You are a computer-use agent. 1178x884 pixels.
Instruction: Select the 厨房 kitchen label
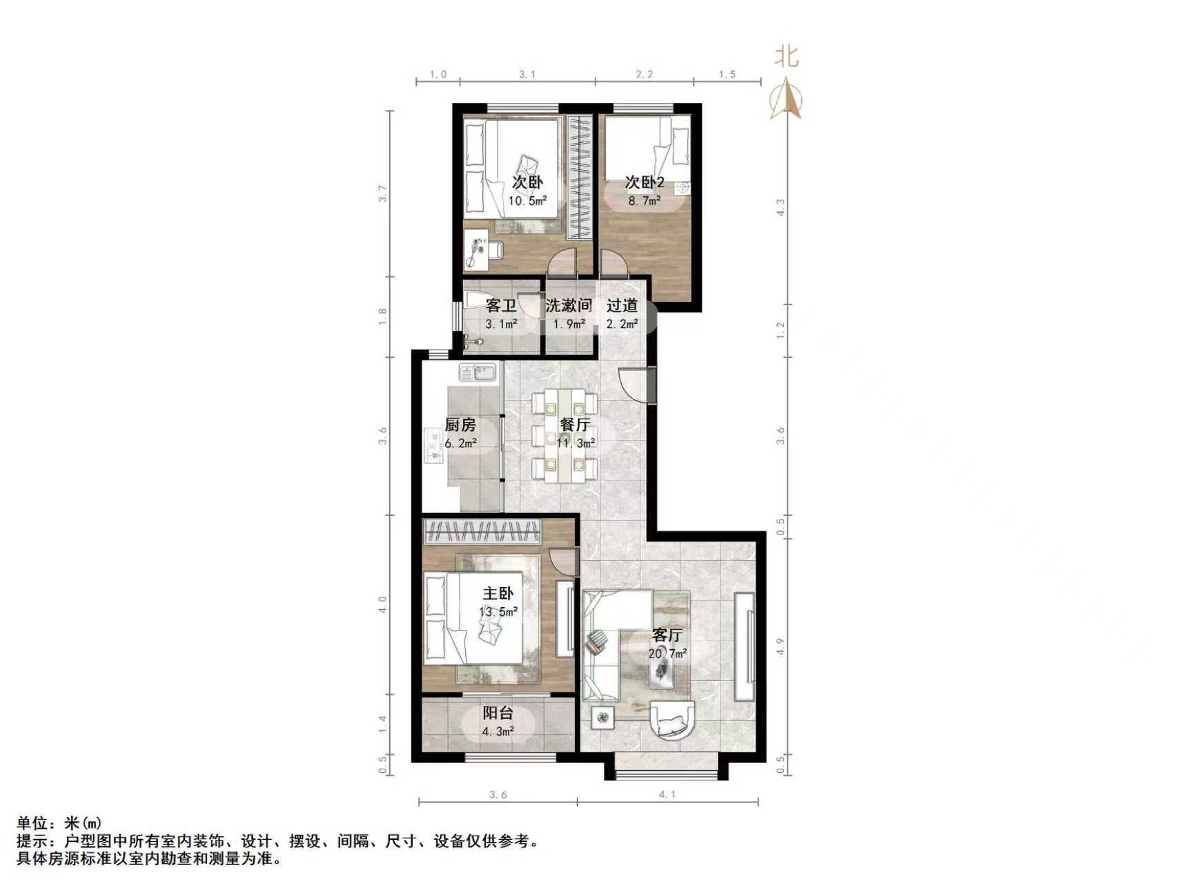click(x=460, y=425)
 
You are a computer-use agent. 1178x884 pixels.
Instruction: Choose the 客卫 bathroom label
click(x=501, y=305)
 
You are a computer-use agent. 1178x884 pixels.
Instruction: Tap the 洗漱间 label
click(x=569, y=305)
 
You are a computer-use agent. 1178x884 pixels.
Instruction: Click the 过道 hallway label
click(x=622, y=305)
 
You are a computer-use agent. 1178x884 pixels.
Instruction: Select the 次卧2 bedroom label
click(x=645, y=182)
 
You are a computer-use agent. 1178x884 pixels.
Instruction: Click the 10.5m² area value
click(x=528, y=201)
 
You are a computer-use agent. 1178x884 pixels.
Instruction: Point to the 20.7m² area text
click(x=667, y=653)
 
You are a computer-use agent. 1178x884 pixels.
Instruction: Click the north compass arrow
click(x=787, y=100)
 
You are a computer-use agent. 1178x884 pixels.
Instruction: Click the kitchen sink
click(x=477, y=372)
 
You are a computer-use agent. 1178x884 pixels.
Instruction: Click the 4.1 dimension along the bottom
click(x=667, y=795)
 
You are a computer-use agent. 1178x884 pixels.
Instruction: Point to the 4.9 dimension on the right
click(x=781, y=646)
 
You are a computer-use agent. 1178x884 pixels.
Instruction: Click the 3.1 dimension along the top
click(x=527, y=75)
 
